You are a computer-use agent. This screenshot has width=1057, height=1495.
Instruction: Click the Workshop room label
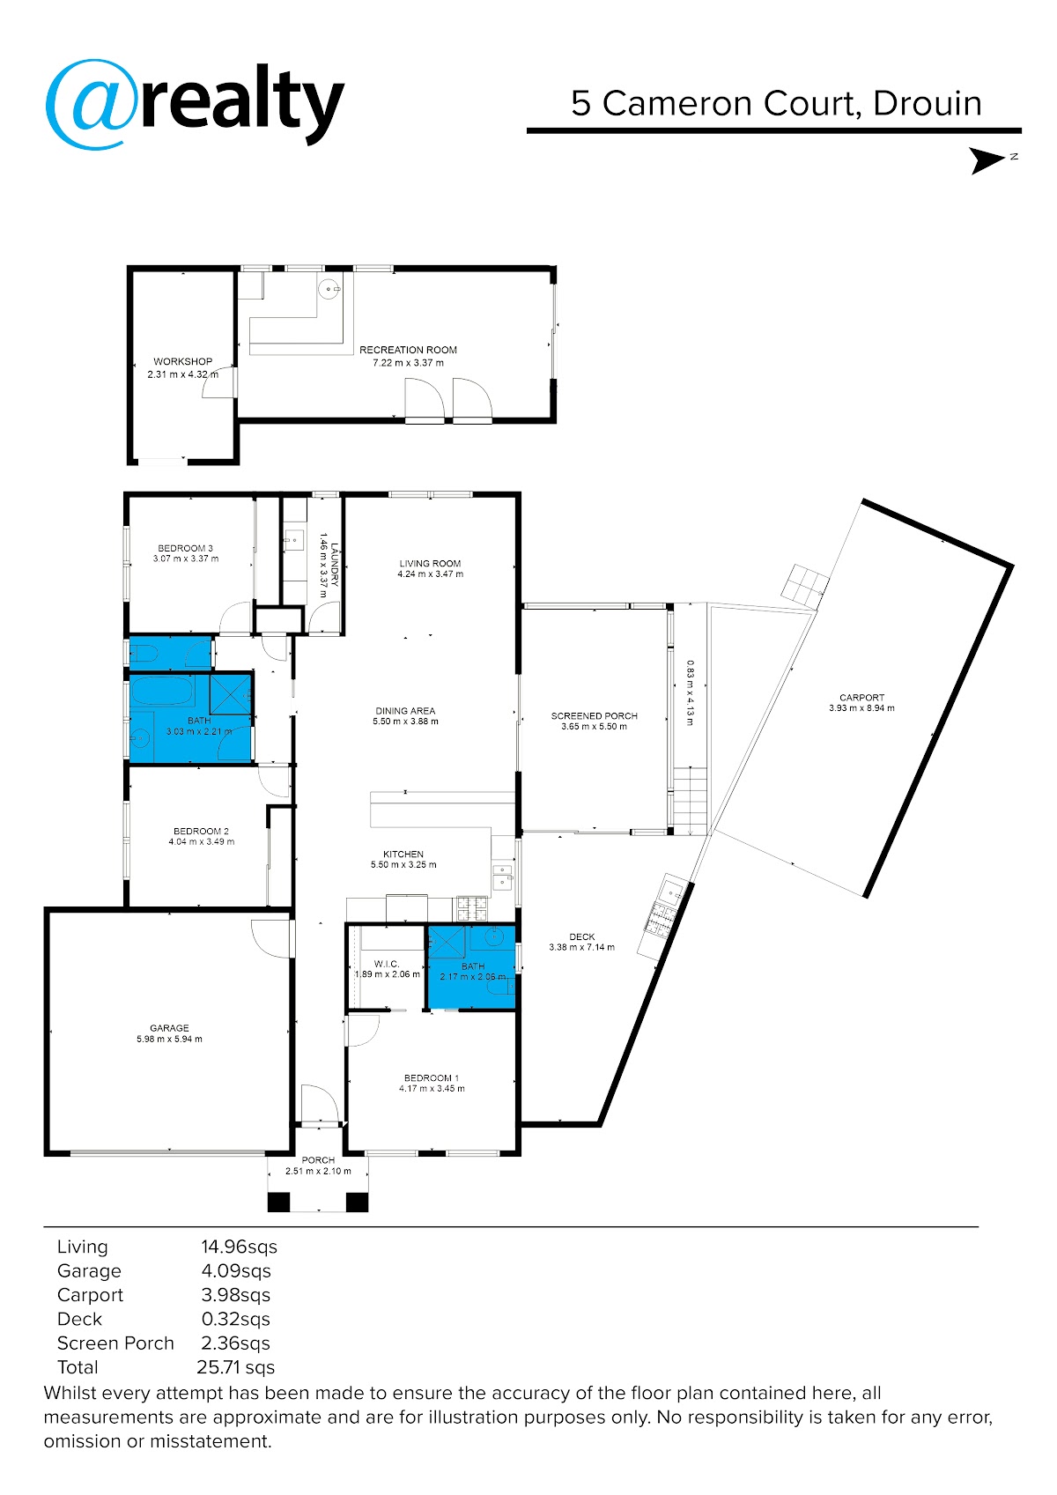(183, 362)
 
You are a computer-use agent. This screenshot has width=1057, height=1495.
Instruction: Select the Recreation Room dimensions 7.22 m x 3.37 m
(409, 363)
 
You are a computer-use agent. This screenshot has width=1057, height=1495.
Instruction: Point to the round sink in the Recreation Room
(329, 290)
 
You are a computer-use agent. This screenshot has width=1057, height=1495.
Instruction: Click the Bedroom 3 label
(186, 548)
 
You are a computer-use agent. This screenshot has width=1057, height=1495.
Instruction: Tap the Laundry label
(335, 565)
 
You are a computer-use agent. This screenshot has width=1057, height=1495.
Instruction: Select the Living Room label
(431, 563)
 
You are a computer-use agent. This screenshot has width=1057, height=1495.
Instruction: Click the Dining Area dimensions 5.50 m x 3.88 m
(406, 722)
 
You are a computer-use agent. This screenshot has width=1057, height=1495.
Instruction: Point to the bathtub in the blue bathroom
(162, 691)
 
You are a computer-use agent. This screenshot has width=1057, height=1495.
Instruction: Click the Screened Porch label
(595, 716)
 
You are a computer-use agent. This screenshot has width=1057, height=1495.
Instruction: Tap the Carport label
(862, 698)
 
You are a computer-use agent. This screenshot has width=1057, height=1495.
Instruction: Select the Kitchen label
(403, 855)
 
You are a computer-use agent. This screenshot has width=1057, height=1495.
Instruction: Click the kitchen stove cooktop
(472, 908)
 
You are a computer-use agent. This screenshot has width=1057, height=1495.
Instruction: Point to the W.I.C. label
(387, 964)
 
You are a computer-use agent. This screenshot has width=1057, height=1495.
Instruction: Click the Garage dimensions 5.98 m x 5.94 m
(169, 1040)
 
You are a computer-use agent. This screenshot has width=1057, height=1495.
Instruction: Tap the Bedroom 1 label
(432, 1078)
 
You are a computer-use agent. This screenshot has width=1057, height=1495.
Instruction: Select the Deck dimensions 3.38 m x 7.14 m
(582, 947)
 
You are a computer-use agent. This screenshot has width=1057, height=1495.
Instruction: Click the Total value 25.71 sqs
(235, 1367)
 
